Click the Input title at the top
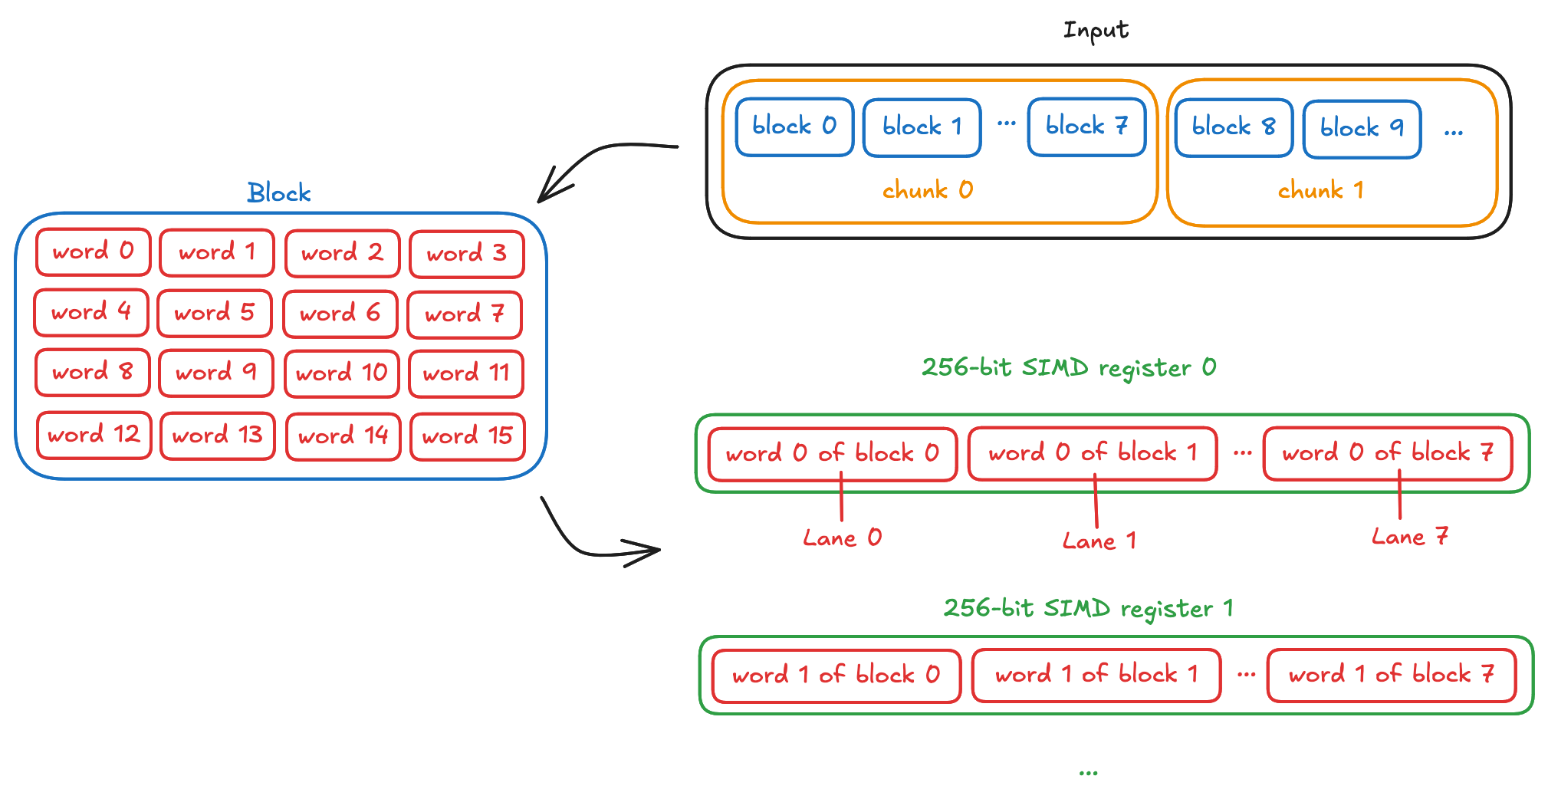coord(1096,31)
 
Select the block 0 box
coord(794,127)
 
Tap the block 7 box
coord(1086,127)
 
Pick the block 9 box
coord(1362,129)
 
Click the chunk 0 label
coord(928,189)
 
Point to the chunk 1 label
coord(1320,189)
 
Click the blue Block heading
coord(279,192)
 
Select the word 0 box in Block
coord(93,252)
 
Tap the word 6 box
coord(340,314)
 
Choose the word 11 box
coord(466,373)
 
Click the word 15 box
coord(467,436)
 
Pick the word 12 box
coord(94,435)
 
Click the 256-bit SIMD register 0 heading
coord(1068,367)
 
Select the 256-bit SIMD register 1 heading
coord(1088,608)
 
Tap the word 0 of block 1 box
coord(1093,453)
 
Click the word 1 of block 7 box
coord(1391,675)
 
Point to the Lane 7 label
coord(1410,537)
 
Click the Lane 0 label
coord(842,538)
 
